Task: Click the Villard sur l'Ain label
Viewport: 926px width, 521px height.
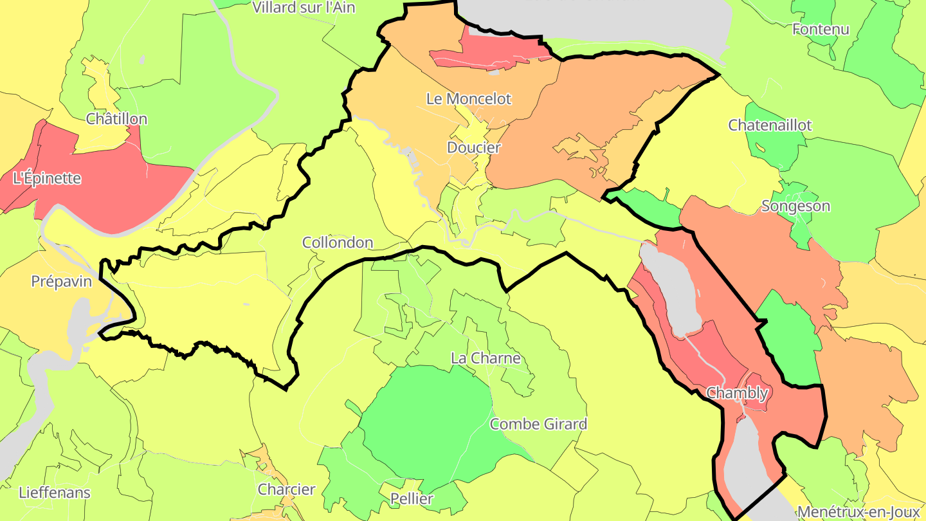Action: [304, 8]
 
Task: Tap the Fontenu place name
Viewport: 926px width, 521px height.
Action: [821, 29]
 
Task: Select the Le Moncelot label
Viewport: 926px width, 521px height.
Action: [469, 99]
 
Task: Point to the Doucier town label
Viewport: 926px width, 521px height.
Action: [474, 147]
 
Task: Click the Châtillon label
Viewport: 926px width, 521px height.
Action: [116, 119]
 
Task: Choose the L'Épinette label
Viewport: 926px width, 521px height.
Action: [47, 178]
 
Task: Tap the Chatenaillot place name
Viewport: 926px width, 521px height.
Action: [770, 125]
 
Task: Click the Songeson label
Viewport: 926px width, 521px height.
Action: [795, 206]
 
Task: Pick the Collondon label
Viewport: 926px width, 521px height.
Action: [338, 242]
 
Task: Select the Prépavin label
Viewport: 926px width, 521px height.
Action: [62, 282]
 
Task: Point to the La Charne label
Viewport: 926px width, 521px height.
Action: [486, 358]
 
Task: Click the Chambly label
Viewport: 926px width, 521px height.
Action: [737, 392]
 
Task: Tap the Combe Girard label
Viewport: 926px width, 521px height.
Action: [538, 424]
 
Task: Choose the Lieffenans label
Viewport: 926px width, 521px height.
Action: [55, 493]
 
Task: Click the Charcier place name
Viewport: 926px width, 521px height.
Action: [287, 489]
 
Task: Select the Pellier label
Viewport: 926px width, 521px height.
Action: [412, 498]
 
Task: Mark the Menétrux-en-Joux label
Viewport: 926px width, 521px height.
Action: [858, 512]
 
